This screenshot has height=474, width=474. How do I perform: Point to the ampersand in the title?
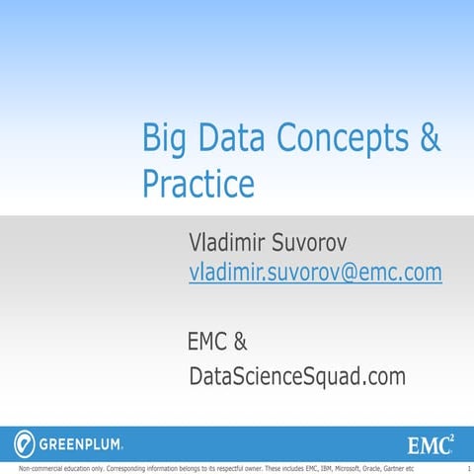431,138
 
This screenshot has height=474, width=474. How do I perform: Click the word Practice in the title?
198,184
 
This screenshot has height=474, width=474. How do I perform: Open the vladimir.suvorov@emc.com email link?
315,274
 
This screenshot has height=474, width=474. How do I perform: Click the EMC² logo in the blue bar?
431,440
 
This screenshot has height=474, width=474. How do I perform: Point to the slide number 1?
467,468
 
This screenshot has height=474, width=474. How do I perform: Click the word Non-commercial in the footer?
28,468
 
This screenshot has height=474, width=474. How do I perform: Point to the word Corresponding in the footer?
102,468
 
